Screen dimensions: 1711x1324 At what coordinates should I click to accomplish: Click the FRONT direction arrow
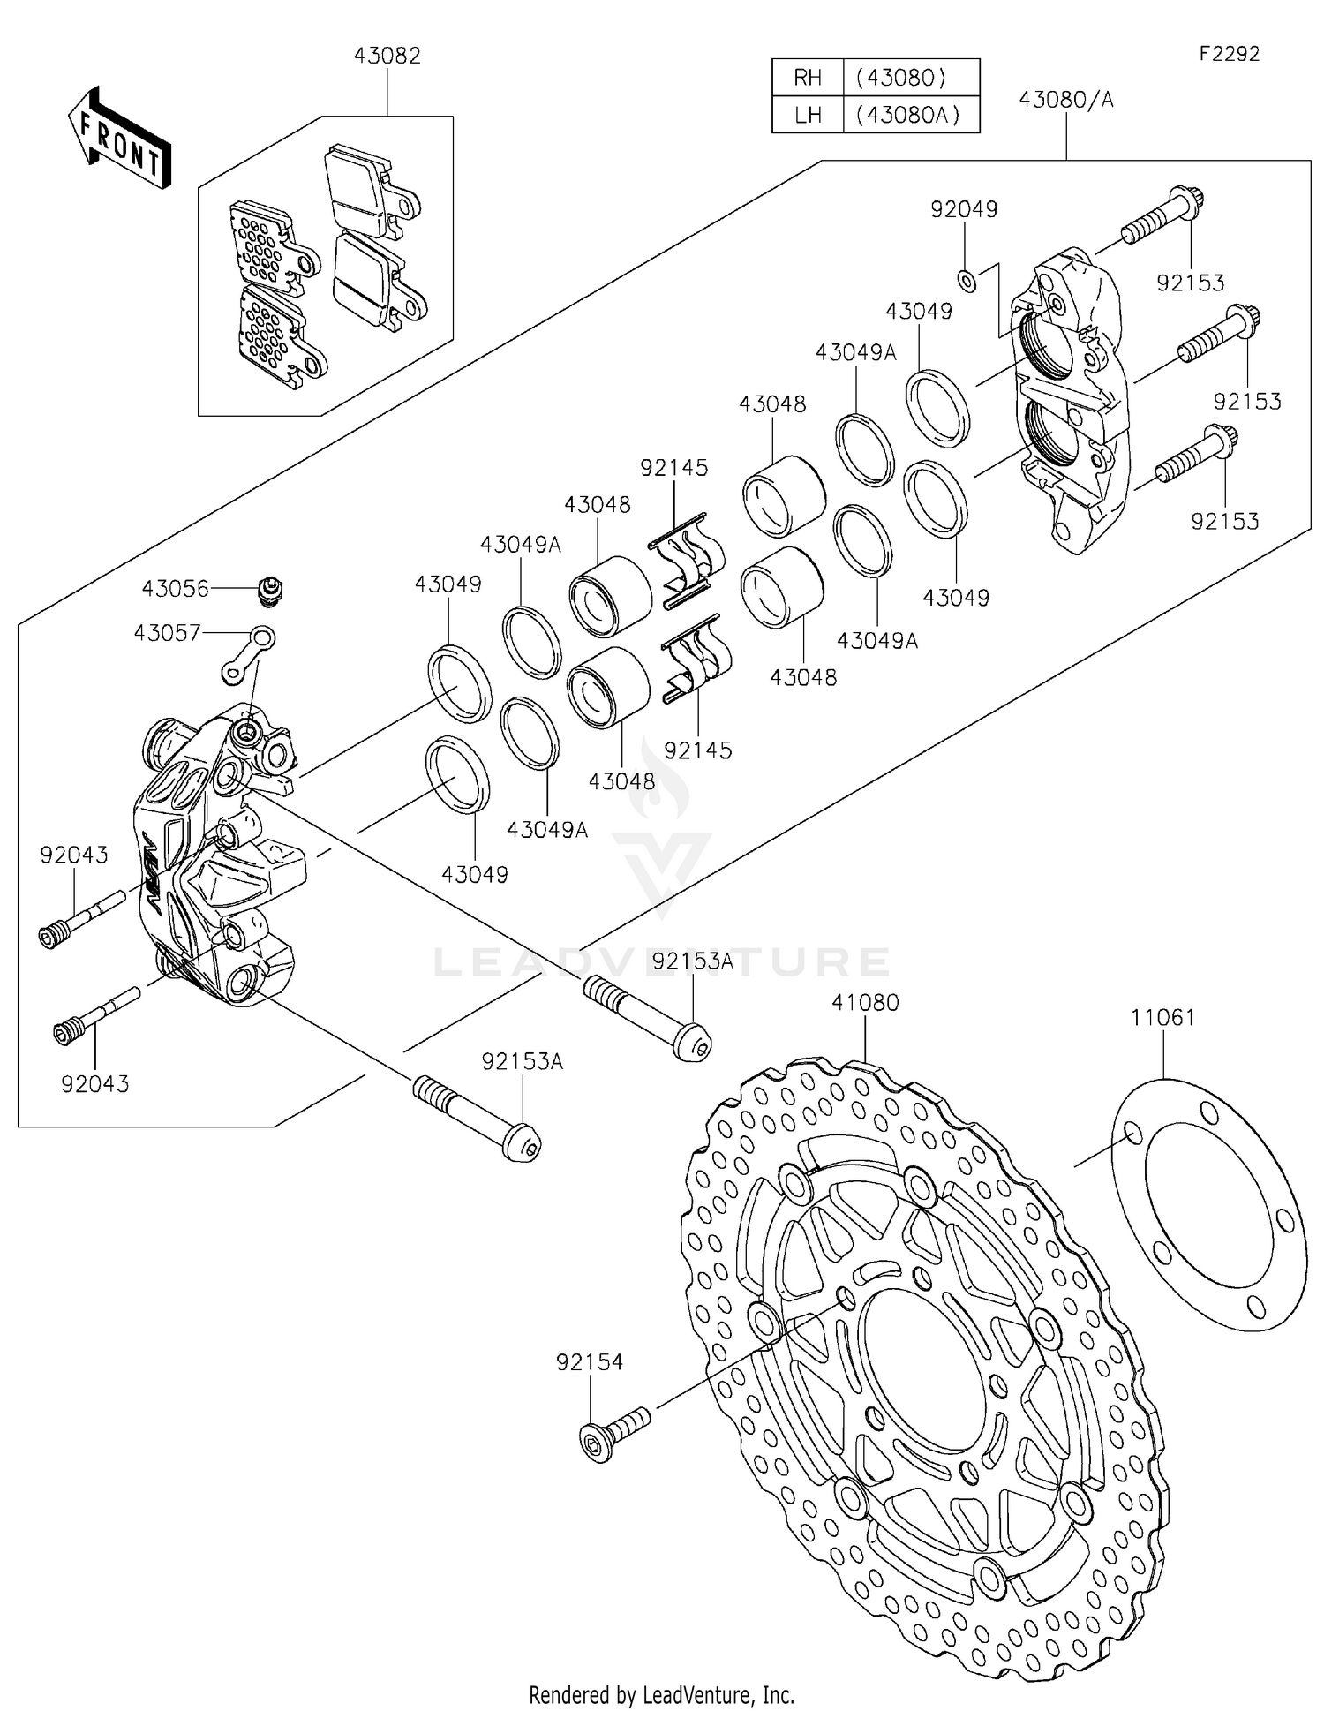coord(118,138)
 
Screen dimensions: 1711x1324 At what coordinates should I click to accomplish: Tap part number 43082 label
coord(387,56)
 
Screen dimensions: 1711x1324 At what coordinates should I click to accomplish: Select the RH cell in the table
coord(808,78)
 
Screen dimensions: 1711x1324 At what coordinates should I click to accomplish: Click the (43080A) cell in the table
coord(911,115)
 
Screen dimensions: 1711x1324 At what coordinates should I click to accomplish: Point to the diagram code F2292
coord(1229,54)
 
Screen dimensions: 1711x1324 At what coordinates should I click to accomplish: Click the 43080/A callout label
coord(1066,100)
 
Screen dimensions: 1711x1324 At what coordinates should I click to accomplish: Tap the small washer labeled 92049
coord(967,281)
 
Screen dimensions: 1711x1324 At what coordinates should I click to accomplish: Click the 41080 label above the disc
coord(865,1003)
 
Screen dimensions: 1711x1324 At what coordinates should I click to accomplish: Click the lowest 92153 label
coord(1224,521)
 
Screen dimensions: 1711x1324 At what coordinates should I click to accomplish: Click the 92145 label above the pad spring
coord(674,468)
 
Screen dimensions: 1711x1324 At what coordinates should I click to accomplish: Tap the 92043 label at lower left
coord(95,1083)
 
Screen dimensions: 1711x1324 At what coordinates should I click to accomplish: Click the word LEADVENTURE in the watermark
coord(662,961)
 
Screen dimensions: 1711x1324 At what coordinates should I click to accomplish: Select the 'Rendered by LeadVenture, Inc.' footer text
coord(661,1694)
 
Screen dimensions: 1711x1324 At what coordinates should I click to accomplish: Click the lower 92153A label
coord(523,1061)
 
